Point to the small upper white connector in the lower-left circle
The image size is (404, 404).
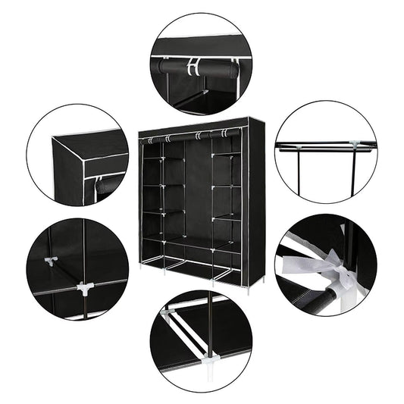51,262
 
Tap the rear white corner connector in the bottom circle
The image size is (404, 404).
168,312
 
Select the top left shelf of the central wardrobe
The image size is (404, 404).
153,156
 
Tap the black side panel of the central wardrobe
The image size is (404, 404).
256,197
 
